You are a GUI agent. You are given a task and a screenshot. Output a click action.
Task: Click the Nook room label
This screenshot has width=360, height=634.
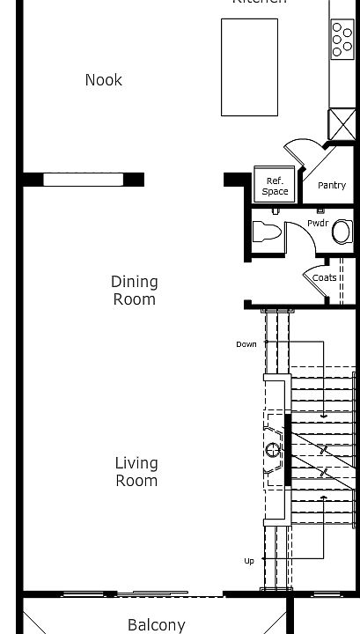tap(103, 80)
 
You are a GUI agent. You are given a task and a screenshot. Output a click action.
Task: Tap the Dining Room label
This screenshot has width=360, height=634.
tap(134, 291)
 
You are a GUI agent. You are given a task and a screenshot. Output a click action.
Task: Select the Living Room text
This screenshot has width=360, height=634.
tap(136, 472)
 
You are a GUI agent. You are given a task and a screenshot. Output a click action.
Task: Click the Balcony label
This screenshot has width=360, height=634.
tap(157, 625)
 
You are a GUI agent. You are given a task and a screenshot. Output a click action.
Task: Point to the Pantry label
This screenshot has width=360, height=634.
tap(332, 185)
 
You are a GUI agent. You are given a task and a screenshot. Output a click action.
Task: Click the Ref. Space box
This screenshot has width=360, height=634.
tap(275, 185)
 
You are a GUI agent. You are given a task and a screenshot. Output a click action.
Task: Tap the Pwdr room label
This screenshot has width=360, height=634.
tap(317, 223)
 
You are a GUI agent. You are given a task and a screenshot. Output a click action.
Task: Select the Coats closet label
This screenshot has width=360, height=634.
tap(324, 277)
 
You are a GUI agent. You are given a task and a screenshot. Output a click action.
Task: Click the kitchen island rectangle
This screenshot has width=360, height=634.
tap(249, 67)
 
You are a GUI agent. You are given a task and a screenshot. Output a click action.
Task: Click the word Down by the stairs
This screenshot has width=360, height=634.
tap(246, 344)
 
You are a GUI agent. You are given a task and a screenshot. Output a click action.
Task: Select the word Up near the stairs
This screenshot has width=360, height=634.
tap(250, 561)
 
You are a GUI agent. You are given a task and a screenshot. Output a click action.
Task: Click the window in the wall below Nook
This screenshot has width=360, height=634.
tap(84, 180)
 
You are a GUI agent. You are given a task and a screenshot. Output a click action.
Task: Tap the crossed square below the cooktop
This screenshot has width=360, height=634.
tap(342, 122)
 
